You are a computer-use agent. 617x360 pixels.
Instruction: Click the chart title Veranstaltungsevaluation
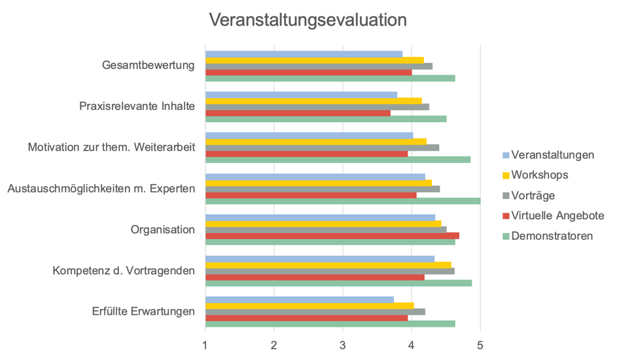pyautogui.click(x=308, y=20)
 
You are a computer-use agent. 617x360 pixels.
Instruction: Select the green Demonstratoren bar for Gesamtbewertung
pyautogui.click(x=330, y=79)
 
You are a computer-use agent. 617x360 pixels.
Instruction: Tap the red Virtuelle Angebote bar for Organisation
pyautogui.click(x=332, y=236)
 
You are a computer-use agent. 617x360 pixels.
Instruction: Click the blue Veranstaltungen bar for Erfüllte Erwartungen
pyautogui.click(x=300, y=300)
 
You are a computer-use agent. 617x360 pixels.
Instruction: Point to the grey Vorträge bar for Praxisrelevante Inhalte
pyautogui.click(x=317, y=106)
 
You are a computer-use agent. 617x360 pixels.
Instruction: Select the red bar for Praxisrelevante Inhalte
pyautogui.click(x=298, y=113)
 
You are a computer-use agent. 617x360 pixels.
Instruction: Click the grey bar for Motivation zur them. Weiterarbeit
pyautogui.click(x=322, y=147)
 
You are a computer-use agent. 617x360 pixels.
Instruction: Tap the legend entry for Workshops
pyautogui.click(x=539, y=175)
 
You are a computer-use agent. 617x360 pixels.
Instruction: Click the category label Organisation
pyautogui.click(x=163, y=230)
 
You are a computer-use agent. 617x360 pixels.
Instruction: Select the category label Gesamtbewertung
pyautogui.click(x=149, y=65)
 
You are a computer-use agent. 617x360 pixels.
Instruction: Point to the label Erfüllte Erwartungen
pyautogui.click(x=143, y=311)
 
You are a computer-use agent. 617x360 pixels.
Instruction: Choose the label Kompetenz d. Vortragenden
pyautogui.click(x=124, y=270)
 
